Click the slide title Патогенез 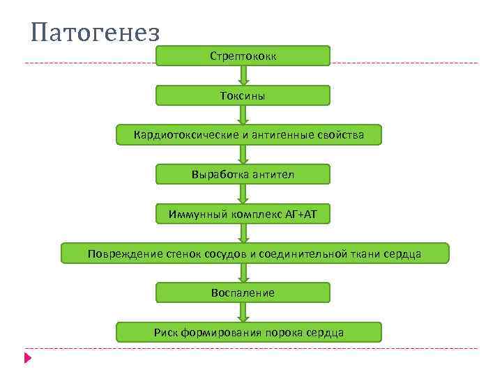pyautogui.click(x=96, y=32)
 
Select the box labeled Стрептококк pyautogui.click(x=243, y=56)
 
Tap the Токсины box pyautogui.click(x=243, y=95)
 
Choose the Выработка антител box pyautogui.click(x=243, y=174)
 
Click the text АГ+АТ pyautogui.click(x=301, y=214)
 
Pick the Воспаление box pyautogui.click(x=243, y=292)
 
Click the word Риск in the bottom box pyautogui.click(x=166, y=332)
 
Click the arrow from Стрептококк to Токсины pyautogui.click(x=243, y=75)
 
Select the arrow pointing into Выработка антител pyautogui.click(x=243, y=155)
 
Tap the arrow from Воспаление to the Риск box pyautogui.click(x=243, y=313)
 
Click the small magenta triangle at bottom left pyautogui.click(x=27, y=358)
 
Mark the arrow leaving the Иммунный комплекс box pyautogui.click(x=243, y=233)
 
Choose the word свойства pyautogui.click(x=342, y=134)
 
